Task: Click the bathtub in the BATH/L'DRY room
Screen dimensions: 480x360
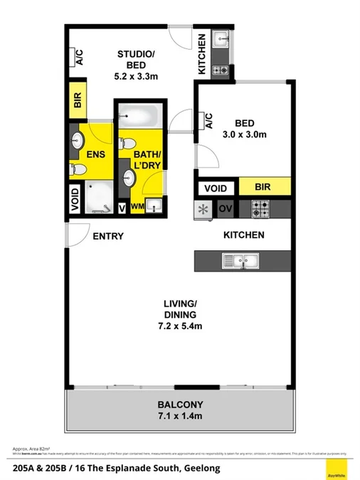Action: (140, 114)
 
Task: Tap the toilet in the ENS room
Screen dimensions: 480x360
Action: (78, 169)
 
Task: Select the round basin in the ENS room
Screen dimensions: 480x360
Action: (77, 141)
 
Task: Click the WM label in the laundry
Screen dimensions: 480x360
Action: (137, 208)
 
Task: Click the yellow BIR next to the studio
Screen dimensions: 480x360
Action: (78, 100)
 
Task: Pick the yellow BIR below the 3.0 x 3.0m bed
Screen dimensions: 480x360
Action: (264, 188)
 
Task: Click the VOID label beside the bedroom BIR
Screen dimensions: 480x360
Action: (216, 188)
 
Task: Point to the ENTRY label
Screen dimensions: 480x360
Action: (108, 236)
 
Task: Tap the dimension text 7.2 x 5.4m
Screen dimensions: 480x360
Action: (179, 326)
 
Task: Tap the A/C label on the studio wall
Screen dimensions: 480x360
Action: (79, 58)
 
